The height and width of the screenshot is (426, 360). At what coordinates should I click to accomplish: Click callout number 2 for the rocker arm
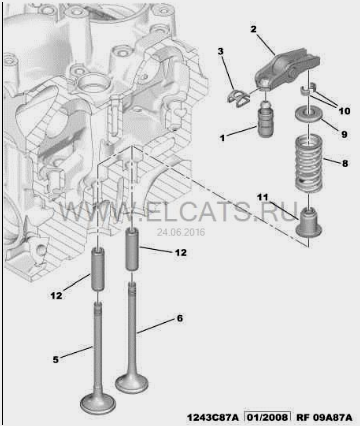coord(253,29)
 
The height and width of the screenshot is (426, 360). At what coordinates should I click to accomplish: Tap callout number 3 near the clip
coord(221,51)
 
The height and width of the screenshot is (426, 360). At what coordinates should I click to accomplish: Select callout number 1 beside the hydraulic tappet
coord(223,138)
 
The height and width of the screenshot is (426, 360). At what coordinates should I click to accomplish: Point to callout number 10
coord(344,111)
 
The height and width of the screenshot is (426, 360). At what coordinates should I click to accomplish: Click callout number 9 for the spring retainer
coord(344,134)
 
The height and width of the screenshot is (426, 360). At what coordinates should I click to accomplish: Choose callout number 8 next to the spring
coord(345,163)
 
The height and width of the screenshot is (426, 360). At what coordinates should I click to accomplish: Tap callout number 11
coord(263,197)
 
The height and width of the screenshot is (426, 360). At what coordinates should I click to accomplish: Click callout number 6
coord(180,318)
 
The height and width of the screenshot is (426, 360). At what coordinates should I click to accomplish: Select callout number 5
coord(55,360)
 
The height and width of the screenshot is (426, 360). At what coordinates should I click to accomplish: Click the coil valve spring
coord(309,163)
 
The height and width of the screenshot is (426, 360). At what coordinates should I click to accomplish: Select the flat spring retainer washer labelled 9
coord(309,114)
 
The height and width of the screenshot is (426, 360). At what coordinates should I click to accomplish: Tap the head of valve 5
coord(98,404)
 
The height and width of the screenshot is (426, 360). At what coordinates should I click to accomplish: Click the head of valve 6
coord(132,383)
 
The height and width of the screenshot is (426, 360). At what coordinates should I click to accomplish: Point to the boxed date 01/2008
coord(267,417)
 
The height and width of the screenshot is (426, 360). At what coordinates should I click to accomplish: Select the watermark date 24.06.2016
coord(181,232)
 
